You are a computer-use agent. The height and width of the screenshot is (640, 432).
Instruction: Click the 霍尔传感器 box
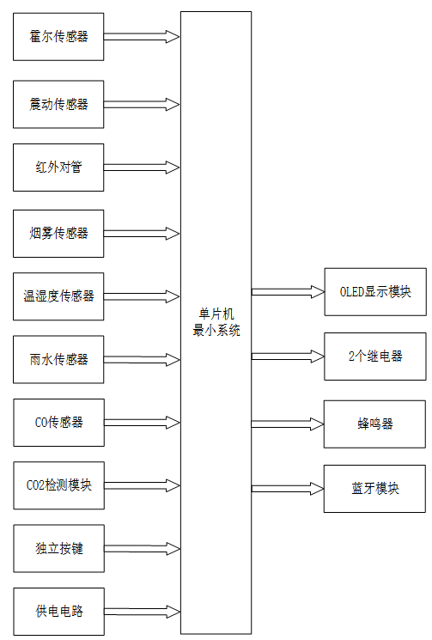[x=58, y=37]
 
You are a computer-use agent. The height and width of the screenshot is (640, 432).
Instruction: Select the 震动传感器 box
[x=58, y=104]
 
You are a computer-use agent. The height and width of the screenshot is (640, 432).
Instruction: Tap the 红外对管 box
[x=58, y=168]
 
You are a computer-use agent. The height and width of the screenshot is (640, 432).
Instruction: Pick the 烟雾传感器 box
[x=58, y=233]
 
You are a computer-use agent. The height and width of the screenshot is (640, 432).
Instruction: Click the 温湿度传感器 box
[x=58, y=296]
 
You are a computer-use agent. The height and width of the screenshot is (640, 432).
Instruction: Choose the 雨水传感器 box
[x=58, y=359]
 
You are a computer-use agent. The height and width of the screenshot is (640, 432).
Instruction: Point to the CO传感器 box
[x=58, y=422]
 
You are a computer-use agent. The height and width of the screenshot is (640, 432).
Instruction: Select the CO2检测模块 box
[x=58, y=485]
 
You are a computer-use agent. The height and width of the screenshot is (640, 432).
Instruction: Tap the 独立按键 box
[x=58, y=548]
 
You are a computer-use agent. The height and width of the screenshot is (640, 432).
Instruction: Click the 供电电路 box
[x=58, y=612]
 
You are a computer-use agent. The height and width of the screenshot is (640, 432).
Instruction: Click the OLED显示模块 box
[x=374, y=292]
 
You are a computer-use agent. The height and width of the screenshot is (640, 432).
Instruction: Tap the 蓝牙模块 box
[x=374, y=489]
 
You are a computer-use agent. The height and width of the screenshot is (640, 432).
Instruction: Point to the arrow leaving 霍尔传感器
[x=142, y=37]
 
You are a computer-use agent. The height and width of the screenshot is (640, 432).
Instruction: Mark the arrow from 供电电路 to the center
[x=142, y=612]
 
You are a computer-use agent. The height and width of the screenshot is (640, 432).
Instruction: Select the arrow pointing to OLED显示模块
[x=288, y=292]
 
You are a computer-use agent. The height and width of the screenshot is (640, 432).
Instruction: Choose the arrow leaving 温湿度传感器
[x=142, y=296]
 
